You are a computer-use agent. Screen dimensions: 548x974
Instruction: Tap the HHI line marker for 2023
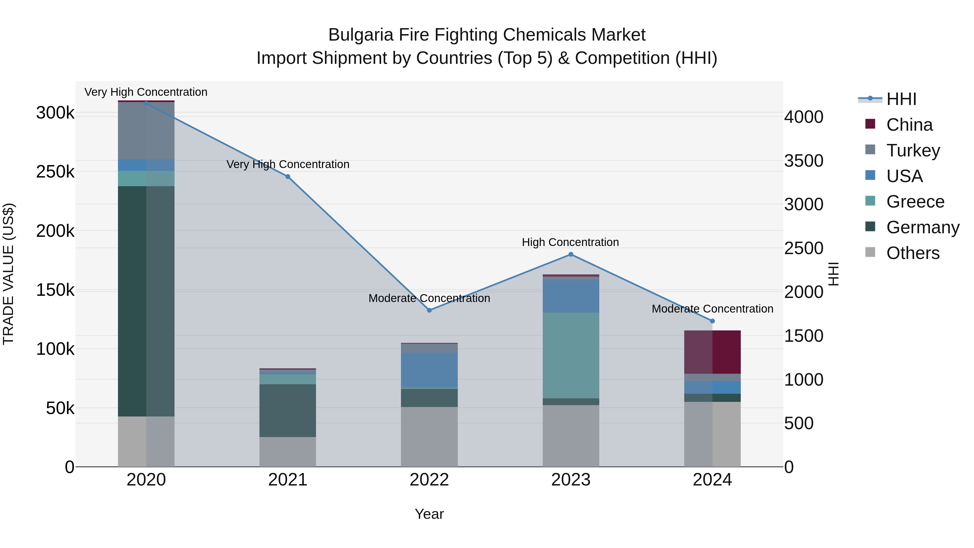[x=571, y=255]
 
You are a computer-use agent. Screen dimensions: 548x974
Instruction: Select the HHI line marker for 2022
[x=429, y=310]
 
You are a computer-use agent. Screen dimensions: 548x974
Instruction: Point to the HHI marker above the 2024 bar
[x=712, y=321]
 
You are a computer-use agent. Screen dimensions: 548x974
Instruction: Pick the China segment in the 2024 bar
[x=712, y=352]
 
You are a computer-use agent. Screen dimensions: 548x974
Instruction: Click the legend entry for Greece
[x=915, y=202]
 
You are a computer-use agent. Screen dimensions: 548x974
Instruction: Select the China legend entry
[x=909, y=125]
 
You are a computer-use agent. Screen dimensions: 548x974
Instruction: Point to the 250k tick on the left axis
[x=55, y=172]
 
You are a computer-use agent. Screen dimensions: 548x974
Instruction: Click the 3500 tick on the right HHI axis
[x=804, y=161]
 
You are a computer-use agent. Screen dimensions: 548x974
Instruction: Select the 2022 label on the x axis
[x=429, y=480]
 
